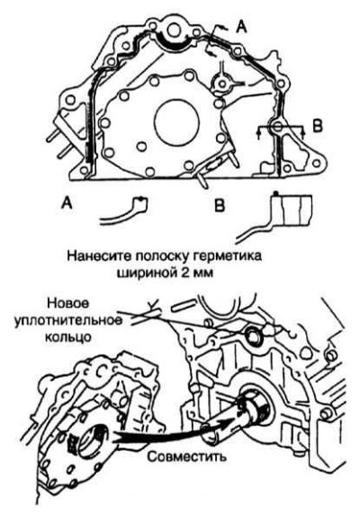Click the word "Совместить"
[x=187, y=456]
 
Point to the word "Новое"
[x=68, y=303]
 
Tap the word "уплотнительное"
[x=67, y=320]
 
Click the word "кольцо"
[x=67, y=337]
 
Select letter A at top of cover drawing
[x=242, y=28]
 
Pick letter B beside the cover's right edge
[x=318, y=125]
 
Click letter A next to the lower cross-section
[x=67, y=202]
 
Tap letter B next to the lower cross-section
[x=220, y=206]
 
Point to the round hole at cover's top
[x=174, y=31]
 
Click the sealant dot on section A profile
[x=141, y=199]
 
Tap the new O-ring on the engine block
[x=255, y=335]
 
